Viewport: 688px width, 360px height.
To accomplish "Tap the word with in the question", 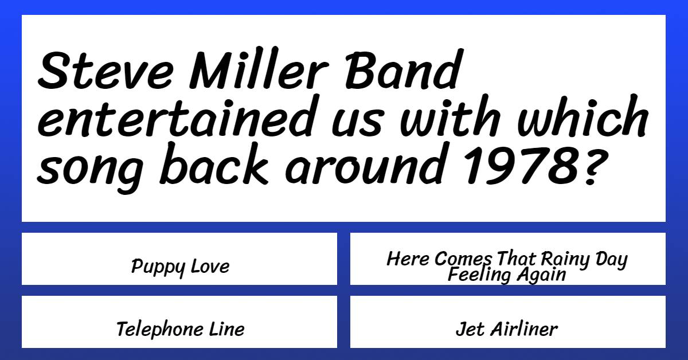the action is [x=451, y=116].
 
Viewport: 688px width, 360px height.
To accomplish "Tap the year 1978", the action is [x=522, y=165].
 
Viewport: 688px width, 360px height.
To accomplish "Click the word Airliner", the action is [x=524, y=329].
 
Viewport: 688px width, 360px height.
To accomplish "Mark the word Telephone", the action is [x=160, y=330].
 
